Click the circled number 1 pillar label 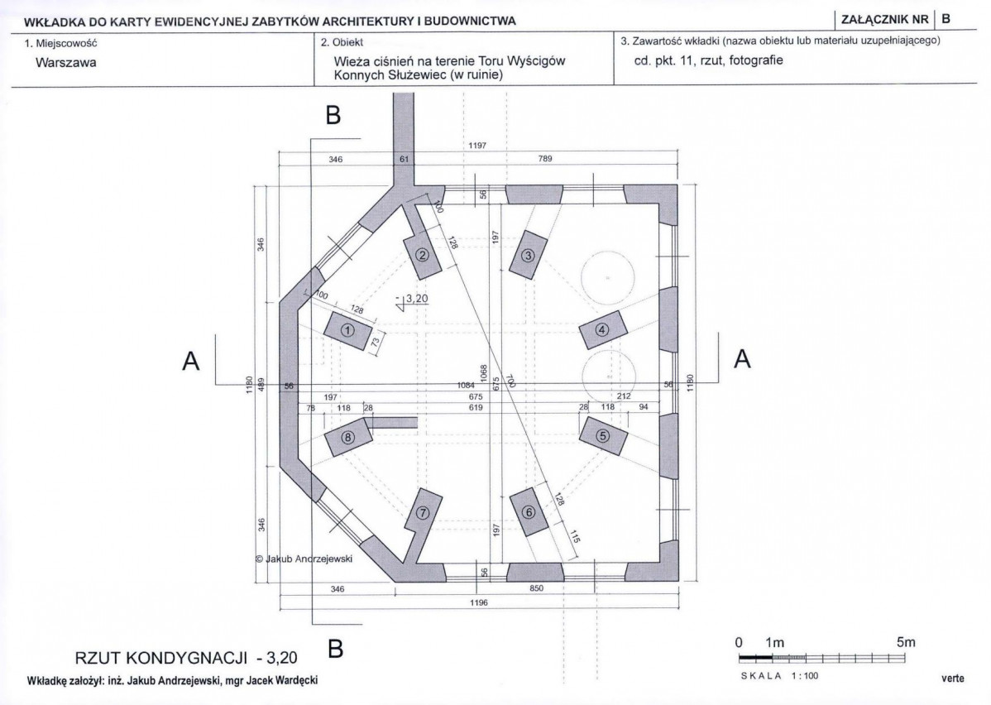[347, 330]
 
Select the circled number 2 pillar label [423, 256]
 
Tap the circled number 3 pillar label [528, 256]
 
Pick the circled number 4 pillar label [602, 329]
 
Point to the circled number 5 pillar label [603, 435]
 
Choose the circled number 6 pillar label [529, 512]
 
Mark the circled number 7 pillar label [423, 512]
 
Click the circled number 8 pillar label [347, 437]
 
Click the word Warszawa [66, 63]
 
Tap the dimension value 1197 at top [477, 146]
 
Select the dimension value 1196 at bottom [479, 602]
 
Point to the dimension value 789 [545, 159]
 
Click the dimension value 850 [536, 588]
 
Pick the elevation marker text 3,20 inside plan [417, 299]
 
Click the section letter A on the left [191, 361]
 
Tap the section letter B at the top [333, 115]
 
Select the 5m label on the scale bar [906, 642]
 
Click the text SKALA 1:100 [779, 676]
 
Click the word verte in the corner [953, 679]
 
